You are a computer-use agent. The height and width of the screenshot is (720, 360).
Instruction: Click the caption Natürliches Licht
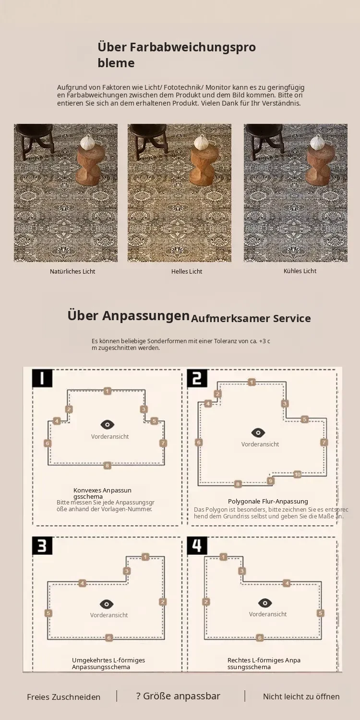pos(72,271)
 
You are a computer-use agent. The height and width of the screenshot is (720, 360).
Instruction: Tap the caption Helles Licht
pos(187,271)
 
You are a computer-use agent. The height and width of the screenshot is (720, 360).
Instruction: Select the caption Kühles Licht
pos(300,271)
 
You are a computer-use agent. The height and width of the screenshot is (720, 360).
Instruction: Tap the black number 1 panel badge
pos(42,378)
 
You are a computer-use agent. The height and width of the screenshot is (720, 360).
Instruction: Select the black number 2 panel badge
pos(197,378)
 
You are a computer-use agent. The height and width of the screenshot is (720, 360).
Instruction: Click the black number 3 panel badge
pos(42,545)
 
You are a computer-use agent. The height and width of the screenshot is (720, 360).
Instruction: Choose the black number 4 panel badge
pos(197,545)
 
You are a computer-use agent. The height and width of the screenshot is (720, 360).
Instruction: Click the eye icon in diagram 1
pos(108,425)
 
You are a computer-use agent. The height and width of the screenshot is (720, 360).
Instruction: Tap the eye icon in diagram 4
pos(265,603)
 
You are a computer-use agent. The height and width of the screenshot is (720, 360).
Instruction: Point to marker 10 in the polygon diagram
pos(297,474)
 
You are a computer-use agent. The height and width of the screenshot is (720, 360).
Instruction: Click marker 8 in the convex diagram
pos(108,466)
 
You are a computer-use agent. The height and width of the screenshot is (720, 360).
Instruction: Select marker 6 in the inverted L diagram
pos(108,638)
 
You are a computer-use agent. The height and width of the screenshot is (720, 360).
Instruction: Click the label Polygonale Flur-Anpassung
pos(268,501)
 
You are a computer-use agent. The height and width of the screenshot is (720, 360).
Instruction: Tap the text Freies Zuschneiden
pos(64,697)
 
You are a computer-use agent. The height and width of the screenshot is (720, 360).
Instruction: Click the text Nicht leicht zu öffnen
pos(301,696)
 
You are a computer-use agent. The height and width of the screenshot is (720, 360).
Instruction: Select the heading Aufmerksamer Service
pos(251,319)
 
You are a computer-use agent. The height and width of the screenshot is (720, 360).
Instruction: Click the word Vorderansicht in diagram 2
pos(260,444)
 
